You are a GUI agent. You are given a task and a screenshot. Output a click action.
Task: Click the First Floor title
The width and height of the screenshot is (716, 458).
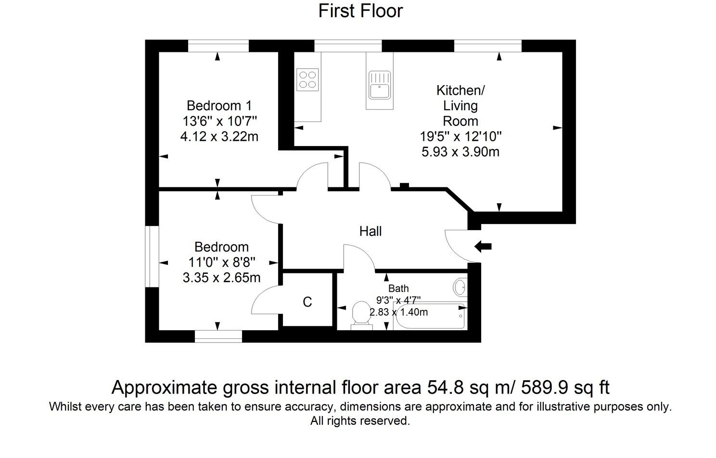click(x=360, y=11)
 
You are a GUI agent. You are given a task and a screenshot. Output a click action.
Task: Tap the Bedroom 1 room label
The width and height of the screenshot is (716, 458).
click(x=219, y=105)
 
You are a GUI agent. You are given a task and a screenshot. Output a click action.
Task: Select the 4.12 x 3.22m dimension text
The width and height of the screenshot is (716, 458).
click(x=219, y=136)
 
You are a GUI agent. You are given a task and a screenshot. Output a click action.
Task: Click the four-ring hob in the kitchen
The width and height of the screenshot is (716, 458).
click(x=307, y=79)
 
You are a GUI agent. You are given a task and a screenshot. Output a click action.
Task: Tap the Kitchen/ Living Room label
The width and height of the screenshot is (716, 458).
click(x=460, y=105)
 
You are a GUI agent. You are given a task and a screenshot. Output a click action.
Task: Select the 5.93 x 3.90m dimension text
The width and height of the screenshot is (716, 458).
click(x=460, y=152)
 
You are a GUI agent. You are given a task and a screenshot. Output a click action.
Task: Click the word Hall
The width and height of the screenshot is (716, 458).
click(x=371, y=231)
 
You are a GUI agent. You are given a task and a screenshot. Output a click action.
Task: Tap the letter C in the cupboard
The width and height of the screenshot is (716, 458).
click(x=307, y=302)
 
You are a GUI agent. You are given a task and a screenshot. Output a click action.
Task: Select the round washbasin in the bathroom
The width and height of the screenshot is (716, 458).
click(x=460, y=287)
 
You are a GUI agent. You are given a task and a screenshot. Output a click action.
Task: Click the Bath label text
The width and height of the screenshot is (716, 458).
click(x=398, y=288)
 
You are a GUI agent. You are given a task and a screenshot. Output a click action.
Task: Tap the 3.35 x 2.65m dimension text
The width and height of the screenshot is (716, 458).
click(x=221, y=278)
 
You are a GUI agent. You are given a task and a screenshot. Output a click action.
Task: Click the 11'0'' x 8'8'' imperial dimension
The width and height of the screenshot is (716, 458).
click(x=221, y=262)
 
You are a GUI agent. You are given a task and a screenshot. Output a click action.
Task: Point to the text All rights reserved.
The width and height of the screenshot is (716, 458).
click(x=360, y=421)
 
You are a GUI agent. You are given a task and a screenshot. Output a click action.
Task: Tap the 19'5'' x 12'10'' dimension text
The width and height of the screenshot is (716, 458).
click(x=460, y=136)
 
